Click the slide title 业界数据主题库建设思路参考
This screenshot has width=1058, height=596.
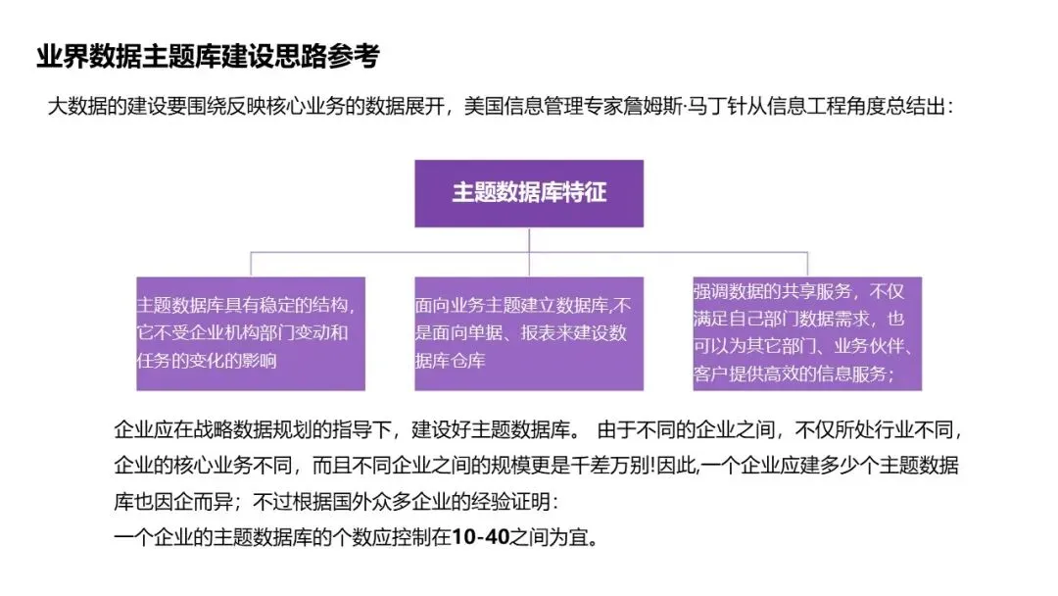207,57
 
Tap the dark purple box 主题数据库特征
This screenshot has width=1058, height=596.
529,193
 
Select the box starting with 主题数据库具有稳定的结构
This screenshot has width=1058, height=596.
251,333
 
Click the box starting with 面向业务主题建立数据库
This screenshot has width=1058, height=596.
529,333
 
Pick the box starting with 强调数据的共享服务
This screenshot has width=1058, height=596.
806,333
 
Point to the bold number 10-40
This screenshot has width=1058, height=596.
479,538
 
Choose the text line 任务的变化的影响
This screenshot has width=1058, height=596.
207,361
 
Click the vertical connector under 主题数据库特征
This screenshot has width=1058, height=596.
529,240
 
